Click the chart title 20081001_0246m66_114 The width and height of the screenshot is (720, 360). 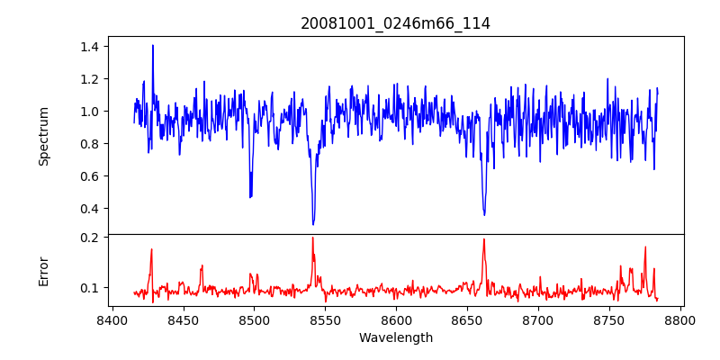click(x=395, y=24)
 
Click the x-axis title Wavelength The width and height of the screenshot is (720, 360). click(x=395, y=338)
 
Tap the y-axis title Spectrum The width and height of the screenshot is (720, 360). click(x=44, y=136)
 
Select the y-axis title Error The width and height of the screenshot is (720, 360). click(x=44, y=271)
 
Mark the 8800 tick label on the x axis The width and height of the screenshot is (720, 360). click(x=680, y=319)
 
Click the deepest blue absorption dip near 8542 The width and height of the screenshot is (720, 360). click(x=313, y=224)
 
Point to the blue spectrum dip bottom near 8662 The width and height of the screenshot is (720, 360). click(x=484, y=214)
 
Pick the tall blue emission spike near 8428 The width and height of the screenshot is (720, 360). click(x=153, y=45)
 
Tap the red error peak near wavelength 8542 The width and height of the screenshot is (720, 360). click(x=312, y=238)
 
